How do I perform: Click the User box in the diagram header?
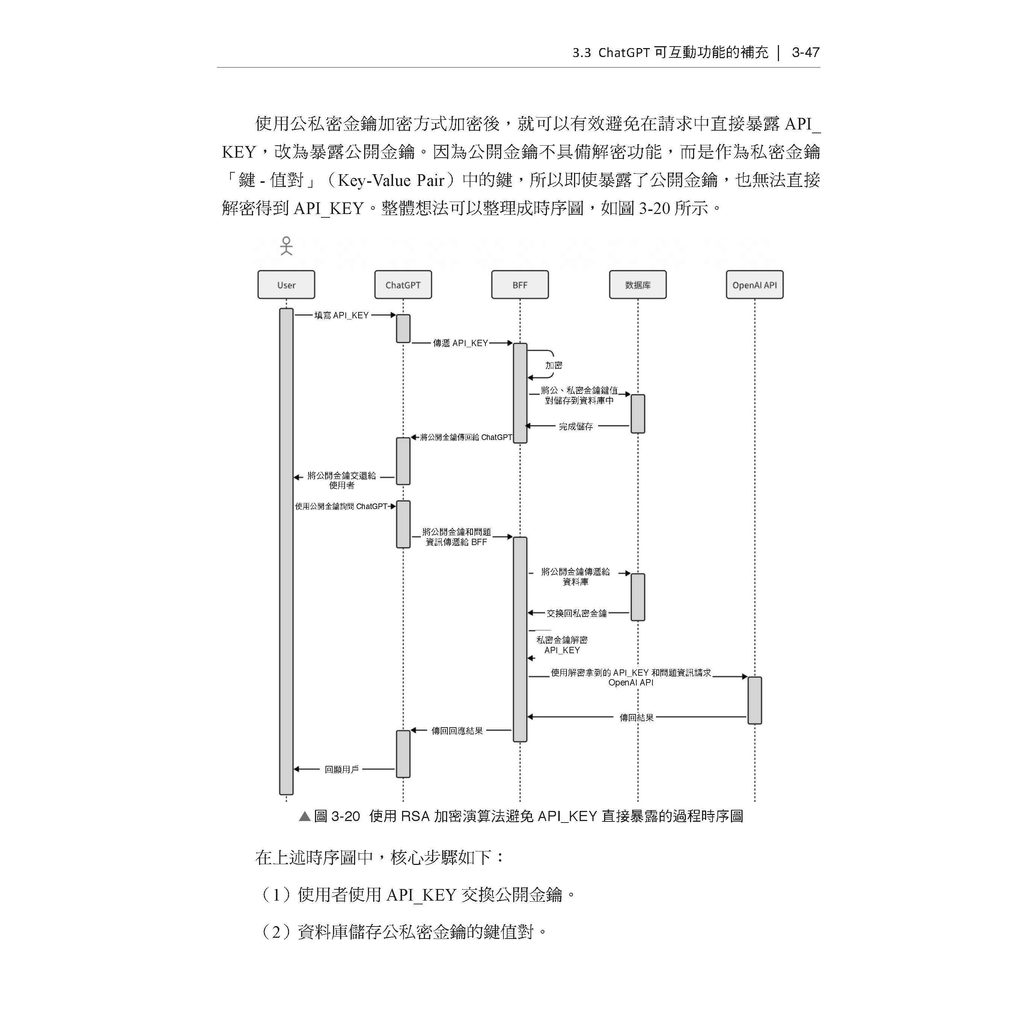(x=286, y=285)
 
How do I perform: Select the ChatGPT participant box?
(x=403, y=285)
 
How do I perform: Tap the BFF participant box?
(x=520, y=285)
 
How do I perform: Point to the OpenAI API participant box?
(x=755, y=285)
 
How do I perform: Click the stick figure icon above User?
(x=286, y=246)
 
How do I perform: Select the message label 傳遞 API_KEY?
(x=460, y=343)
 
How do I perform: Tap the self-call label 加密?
(x=554, y=365)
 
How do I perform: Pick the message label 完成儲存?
(x=576, y=426)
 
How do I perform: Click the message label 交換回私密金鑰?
(x=577, y=613)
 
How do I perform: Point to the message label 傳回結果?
(x=636, y=717)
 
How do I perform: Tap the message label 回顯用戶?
(x=342, y=769)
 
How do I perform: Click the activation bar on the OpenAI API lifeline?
(x=755, y=700)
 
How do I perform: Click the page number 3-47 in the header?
(x=805, y=52)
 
